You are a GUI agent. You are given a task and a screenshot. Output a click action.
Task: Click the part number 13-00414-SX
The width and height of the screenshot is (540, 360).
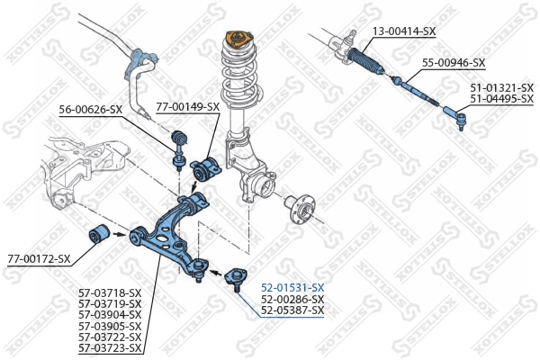click(404, 31)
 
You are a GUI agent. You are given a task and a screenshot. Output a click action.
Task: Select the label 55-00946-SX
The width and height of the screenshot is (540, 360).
click(454, 63)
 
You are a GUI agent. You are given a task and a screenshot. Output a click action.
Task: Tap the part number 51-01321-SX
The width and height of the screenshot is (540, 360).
click(502, 88)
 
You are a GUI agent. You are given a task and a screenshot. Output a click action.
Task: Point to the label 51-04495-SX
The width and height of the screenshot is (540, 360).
click(502, 99)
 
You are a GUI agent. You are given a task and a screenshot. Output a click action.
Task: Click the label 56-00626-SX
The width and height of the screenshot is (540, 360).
click(91, 109)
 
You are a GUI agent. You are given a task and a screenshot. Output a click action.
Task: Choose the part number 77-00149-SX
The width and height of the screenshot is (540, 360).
click(187, 106)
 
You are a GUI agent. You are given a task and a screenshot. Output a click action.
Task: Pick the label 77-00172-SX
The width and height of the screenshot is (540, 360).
click(39, 259)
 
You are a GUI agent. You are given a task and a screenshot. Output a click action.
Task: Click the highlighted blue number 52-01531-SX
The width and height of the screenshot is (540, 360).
click(292, 287)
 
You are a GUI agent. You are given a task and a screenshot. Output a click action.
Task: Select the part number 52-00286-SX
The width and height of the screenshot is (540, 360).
click(292, 299)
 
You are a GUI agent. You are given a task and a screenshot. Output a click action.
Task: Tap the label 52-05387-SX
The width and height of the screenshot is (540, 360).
click(292, 310)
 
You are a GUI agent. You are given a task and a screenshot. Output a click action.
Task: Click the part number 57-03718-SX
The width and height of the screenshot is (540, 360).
click(110, 292)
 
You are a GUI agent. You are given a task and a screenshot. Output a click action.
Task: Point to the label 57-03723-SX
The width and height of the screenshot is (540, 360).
click(110, 347)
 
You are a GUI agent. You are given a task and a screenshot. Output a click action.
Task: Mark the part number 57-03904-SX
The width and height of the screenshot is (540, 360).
click(110, 314)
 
